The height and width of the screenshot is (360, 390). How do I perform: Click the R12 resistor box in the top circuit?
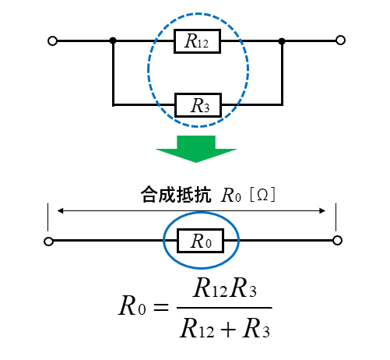[x=197, y=41]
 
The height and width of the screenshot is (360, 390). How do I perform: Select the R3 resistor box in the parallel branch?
[x=199, y=105]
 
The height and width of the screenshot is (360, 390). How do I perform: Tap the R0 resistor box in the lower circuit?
[x=200, y=241]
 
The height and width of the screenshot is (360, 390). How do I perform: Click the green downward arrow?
[x=196, y=149]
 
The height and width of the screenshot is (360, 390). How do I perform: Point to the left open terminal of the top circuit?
[x=52, y=41]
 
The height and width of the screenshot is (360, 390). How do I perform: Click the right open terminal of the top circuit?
[x=340, y=41]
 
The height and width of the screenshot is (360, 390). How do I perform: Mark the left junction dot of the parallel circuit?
[x=113, y=41]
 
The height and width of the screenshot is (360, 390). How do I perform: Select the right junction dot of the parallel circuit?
[x=282, y=41]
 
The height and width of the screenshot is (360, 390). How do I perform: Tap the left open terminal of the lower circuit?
[x=48, y=242]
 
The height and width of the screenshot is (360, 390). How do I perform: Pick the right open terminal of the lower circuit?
[x=337, y=241]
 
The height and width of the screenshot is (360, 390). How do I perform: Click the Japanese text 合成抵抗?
[x=176, y=194]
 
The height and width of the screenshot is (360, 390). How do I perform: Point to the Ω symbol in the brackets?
[x=262, y=195]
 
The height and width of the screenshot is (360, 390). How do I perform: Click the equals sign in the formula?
[x=161, y=307]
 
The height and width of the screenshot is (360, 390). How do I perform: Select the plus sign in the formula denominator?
[x=228, y=330]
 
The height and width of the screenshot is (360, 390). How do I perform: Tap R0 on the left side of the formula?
[x=132, y=305]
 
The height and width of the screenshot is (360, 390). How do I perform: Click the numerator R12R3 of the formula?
[x=225, y=288]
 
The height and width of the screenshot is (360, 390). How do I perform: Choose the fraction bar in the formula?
[x=224, y=308]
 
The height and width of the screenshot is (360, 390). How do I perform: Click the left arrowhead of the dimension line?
[x=60, y=210]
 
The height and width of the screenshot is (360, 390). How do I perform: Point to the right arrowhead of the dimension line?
[x=322, y=210]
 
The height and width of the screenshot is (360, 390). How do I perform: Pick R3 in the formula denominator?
[x=256, y=328]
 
